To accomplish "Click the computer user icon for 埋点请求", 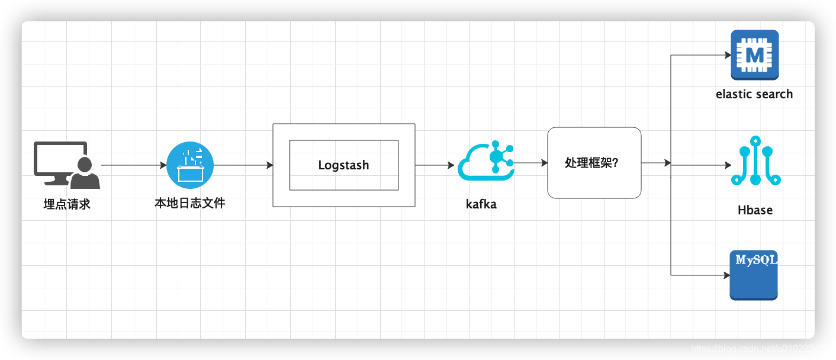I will tap(66, 165).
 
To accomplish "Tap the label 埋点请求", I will tap(67, 205).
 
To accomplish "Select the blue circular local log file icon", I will tap(190, 165).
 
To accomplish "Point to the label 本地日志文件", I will tap(190, 203).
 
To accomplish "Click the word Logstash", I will tap(343, 165).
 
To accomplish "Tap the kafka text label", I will tap(481, 205).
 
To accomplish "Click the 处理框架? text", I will tap(591, 163).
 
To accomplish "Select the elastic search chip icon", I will tap(754, 55).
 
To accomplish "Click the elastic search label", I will tap(754, 94).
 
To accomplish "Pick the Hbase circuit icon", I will tap(755, 160).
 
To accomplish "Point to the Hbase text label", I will tap(755, 210).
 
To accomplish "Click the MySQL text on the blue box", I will tap(755, 259).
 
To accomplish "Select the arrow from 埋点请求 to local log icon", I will tap(134, 165).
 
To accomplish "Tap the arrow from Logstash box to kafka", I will tap(435, 165).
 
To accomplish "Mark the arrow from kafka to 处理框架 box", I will tap(530, 162).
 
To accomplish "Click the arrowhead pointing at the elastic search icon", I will tap(729, 55).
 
